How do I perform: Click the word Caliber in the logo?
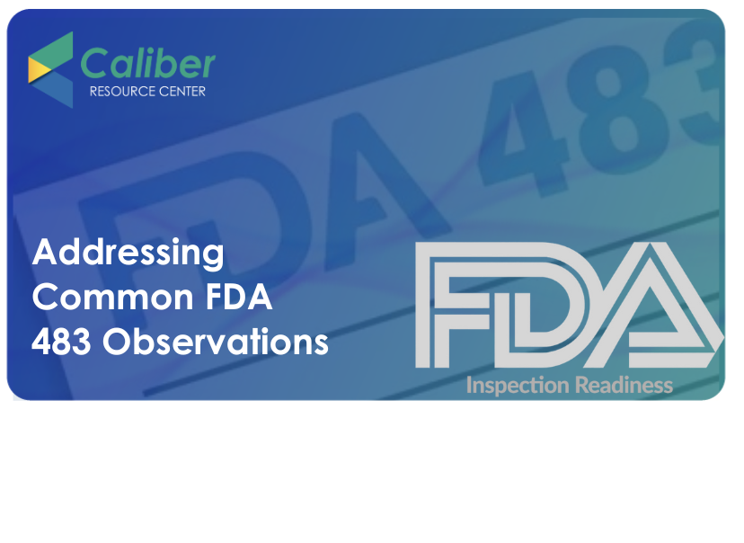click(147, 63)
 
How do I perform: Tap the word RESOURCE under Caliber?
click(122, 91)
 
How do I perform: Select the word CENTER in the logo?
click(182, 91)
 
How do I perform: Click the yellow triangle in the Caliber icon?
click(39, 70)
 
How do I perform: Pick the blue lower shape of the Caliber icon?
click(55, 90)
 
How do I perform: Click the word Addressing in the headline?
click(128, 253)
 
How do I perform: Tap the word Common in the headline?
click(112, 298)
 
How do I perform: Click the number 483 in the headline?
click(61, 342)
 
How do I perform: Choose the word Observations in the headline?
click(216, 342)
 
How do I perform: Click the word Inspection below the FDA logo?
click(518, 386)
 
